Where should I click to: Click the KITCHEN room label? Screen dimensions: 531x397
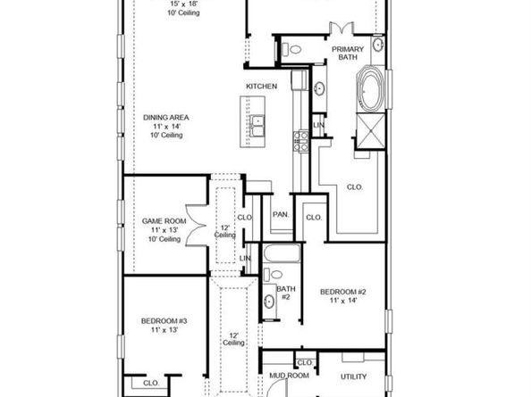(x=261, y=87)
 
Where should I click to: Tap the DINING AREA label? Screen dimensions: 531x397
(x=166, y=118)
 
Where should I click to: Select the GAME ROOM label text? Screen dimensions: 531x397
(x=164, y=221)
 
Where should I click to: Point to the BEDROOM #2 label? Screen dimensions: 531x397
(x=343, y=292)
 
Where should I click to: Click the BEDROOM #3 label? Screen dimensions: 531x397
(x=164, y=320)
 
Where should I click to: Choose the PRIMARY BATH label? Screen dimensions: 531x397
(x=348, y=53)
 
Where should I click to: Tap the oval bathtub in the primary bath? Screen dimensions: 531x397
(x=370, y=88)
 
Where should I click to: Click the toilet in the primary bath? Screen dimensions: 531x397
(x=291, y=50)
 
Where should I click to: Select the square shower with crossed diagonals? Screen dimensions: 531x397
(x=371, y=131)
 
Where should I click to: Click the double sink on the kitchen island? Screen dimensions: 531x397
(x=257, y=126)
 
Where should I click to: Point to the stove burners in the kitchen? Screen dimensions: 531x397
(x=300, y=141)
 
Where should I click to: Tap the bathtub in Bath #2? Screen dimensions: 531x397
(x=282, y=253)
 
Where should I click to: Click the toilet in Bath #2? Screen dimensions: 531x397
(x=273, y=274)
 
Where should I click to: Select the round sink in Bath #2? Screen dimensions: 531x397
(x=269, y=301)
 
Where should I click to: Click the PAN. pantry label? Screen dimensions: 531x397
(x=281, y=214)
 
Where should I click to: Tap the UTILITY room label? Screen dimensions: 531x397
(x=353, y=376)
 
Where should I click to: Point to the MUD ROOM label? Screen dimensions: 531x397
(x=289, y=376)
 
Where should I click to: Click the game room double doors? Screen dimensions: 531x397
(x=197, y=225)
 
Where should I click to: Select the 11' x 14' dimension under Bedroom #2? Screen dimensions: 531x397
(x=343, y=301)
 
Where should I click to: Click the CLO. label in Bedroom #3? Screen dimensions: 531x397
(x=151, y=383)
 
